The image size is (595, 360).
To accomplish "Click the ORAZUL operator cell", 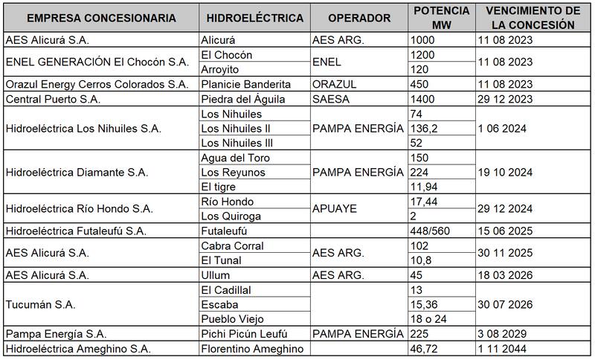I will coord(338,84).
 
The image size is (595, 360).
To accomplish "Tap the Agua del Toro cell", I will coord(235,158).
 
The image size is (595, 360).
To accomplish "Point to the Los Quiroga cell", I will coord(231,216).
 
